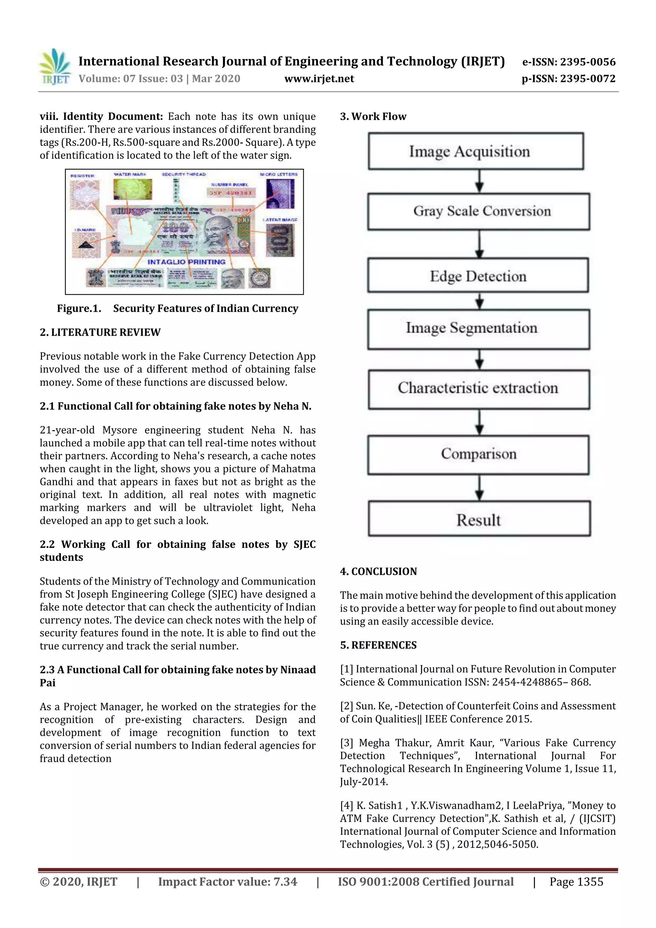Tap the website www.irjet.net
pyautogui.click(x=319, y=79)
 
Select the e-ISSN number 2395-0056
pyautogui.click(x=568, y=62)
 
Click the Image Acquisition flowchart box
pyautogui.click(x=476, y=151)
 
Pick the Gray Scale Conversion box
pyautogui.click(x=479, y=211)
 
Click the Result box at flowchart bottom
pyautogui.click(x=479, y=519)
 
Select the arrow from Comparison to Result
pyautogui.click(x=480, y=488)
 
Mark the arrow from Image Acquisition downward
pyautogui.click(x=480, y=181)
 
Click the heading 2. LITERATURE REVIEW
pyautogui.click(x=100, y=332)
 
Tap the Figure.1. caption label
pyautogui.click(x=79, y=308)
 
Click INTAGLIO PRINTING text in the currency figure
pyautogui.click(x=186, y=262)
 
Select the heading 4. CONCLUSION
pyautogui.click(x=378, y=571)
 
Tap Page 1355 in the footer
pyautogui.click(x=576, y=882)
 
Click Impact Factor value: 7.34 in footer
pyautogui.click(x=227, y=882)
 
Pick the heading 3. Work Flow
pyautogui.click(x=373, y=116)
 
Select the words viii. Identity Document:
pyautogui.click(x=101, y=116)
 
